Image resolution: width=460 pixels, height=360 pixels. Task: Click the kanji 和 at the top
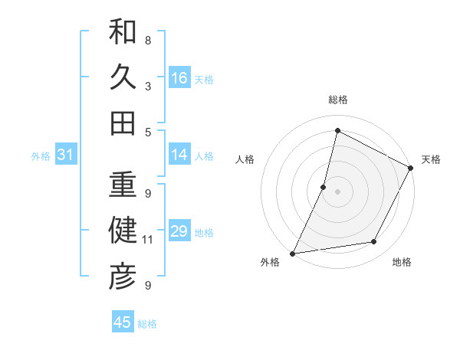(x=123, y=32)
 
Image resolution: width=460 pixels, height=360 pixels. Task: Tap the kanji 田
(x=123, y=123)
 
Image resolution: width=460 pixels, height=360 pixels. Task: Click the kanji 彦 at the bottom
(x=123, y=277)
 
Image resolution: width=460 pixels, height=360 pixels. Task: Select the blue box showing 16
(x=179, y=78)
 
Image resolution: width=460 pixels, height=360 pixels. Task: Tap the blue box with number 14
(x=179, y=155)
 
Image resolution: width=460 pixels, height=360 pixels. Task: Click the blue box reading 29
(x=179, y=232)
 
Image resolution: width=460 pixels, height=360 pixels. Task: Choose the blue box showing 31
(x=66, y=155)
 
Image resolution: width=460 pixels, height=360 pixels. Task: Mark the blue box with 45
(x=123, y=322)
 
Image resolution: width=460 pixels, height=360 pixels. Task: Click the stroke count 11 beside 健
(x=148, y=240)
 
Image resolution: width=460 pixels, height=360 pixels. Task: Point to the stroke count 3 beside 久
(x=148, y=86)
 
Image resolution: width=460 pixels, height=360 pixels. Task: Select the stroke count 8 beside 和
(x=148, y=40)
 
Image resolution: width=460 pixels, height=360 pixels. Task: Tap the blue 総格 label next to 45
(x=147, y=324)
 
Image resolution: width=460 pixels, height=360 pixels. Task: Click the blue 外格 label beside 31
(x=41, y=156)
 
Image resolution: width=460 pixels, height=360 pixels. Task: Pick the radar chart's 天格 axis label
(x=431, y=159)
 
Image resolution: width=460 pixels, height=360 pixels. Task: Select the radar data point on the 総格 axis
(x=337, y=131)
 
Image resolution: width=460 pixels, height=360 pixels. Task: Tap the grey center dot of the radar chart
(x=337, y=191)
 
